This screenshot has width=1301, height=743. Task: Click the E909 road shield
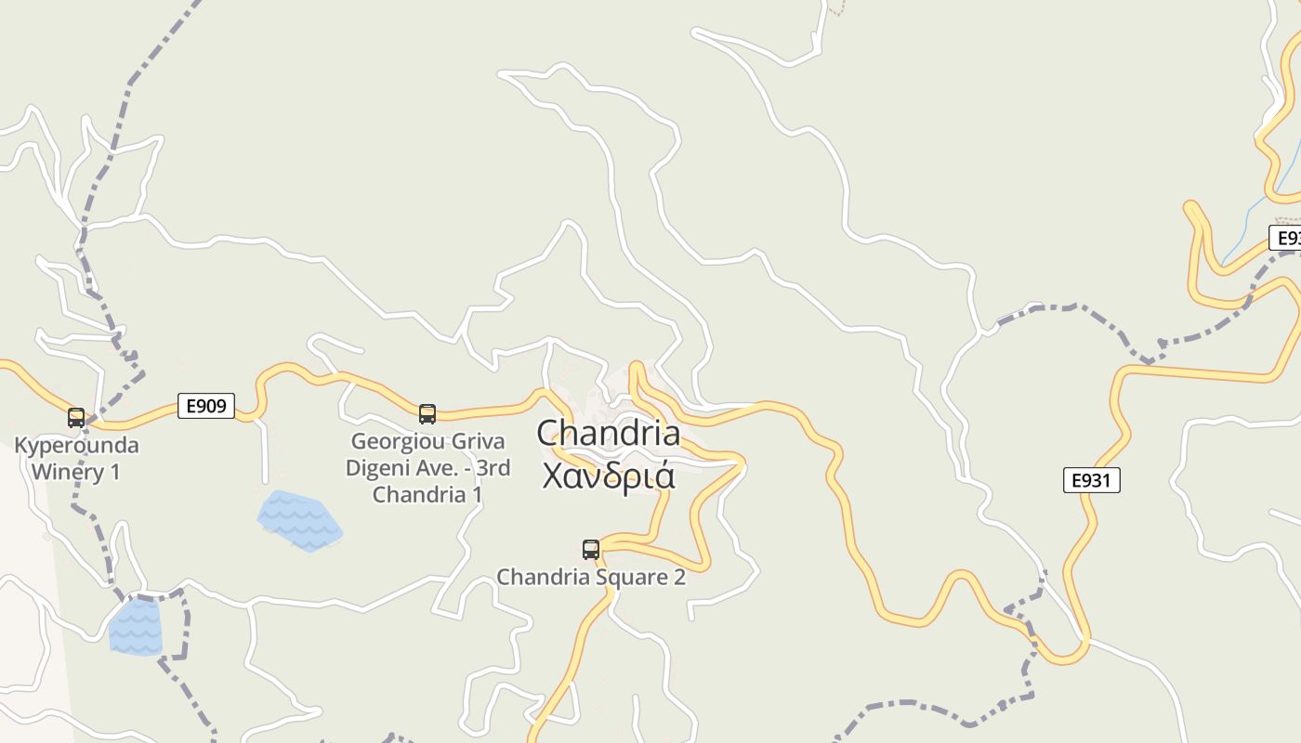pos(206,406)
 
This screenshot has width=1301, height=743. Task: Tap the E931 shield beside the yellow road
pos(1091,480)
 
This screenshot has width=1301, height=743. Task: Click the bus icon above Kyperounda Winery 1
pos(76,418)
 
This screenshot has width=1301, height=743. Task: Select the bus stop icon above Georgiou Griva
pos(427,414)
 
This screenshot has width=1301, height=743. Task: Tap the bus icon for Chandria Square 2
pos(591,550)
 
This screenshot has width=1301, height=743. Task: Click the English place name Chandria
pos(608,434)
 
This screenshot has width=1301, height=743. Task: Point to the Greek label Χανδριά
pos(608,475)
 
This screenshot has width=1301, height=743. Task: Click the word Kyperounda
pos(76,446)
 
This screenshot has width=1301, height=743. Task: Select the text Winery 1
pos(76,472)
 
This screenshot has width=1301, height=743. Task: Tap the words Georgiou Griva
pos(427,441)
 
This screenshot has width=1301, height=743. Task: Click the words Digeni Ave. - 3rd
pos(427,467)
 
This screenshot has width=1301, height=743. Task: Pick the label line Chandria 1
pos(427,494)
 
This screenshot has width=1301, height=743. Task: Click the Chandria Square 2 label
pos(591,577)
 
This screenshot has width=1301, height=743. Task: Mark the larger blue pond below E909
pos(299,520)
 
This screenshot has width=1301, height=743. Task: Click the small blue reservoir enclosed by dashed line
pos(136,626)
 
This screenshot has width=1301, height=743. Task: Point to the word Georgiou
pos(391,441)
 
